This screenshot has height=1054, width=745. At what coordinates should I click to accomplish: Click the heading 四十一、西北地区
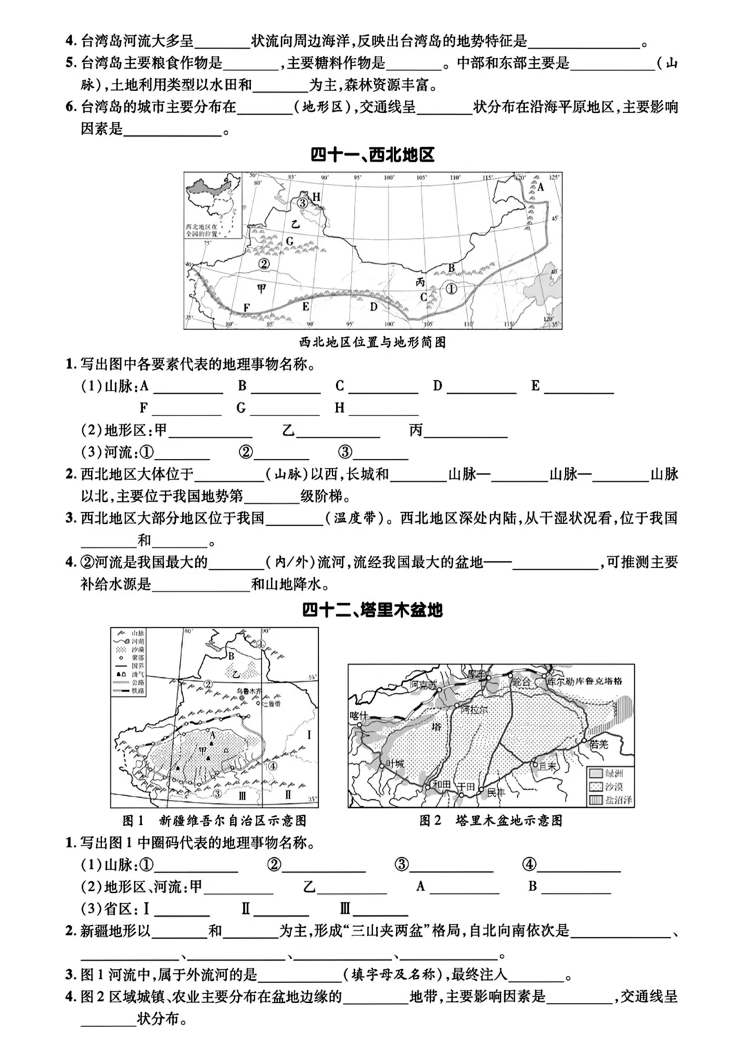[x=372, y=155]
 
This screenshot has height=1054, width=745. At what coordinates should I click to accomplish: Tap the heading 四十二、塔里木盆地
[x=372, y=610]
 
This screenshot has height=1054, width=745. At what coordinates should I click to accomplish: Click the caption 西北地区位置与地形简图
[x=372, y=342]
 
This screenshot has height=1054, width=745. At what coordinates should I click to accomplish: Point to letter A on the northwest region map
[x=541, y=187]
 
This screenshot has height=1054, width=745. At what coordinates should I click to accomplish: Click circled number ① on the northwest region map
[x=450, y=289]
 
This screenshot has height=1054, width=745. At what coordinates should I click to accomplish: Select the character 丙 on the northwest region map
[x=420, y=282]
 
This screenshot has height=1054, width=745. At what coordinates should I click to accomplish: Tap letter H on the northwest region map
[x=317, y=197]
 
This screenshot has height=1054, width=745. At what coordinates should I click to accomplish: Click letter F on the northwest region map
[x=246, y=307]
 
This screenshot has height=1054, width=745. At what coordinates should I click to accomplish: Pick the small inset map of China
[x=213, y=206]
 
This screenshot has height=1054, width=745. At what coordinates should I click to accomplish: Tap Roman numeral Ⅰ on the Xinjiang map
[x=309, y=734]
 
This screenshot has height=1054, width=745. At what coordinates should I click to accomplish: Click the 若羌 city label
[x=599, y=744]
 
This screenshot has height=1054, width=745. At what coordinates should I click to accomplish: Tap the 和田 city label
[x=441, y=785]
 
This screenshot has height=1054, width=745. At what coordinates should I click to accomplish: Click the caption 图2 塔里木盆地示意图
[x=490, y=821]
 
